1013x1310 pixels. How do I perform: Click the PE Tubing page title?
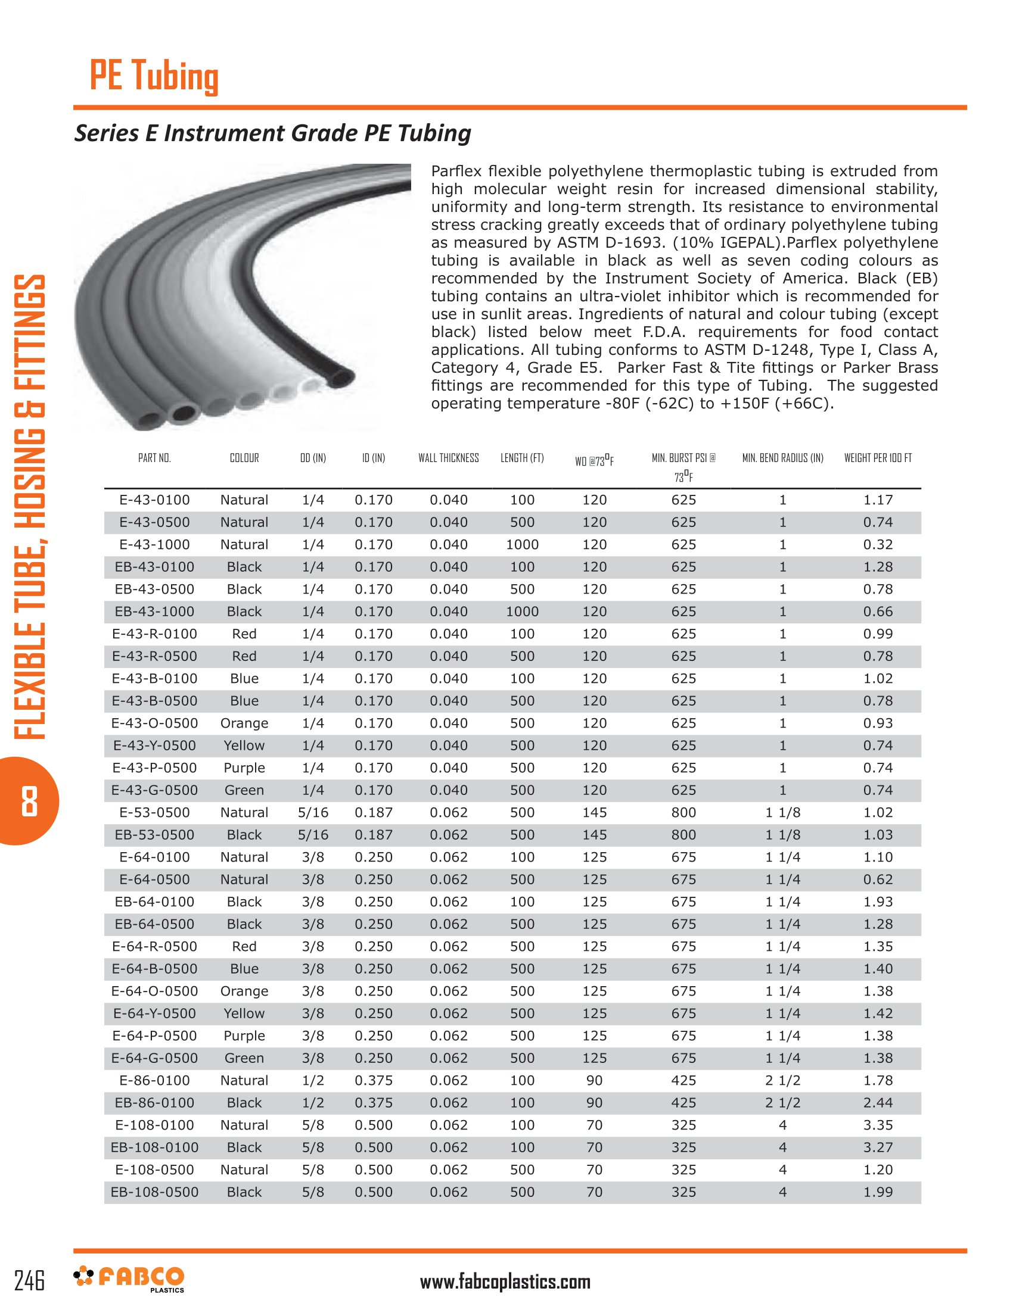tap(154, 76)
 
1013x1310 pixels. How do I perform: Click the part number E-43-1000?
tap(154, 545)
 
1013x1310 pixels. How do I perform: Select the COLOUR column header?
tap(244, 458)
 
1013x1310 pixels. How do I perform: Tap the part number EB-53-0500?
tap(154, 835)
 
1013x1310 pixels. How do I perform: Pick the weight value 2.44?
tap(877, 1102)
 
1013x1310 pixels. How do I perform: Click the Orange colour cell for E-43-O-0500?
tap(244, 723)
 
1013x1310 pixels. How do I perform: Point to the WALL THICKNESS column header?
tap(448, 458)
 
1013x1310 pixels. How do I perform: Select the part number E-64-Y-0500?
tap(154, 1013)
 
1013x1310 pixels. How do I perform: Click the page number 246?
tap(29, 1280)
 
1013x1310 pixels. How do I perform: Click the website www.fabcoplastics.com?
tap(505, 1282)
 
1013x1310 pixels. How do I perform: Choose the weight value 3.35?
tap(877, 1125)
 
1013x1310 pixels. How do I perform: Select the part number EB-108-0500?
tap(154, 1192)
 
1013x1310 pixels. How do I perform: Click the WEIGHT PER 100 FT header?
tap(877, 458)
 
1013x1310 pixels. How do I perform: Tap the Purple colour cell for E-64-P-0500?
tap(244, 1035)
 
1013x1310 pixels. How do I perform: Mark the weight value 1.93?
tap(877, 902)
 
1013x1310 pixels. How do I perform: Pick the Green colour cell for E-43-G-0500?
tap(244, 790)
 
